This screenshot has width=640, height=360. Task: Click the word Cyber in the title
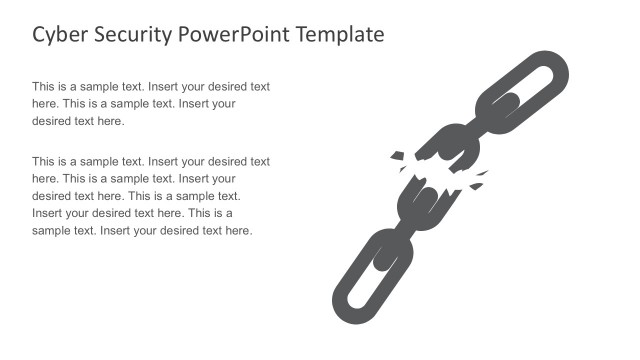(57, 35)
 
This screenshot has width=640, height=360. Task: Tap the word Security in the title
(129, 35)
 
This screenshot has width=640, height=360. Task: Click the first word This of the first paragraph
(44, 87)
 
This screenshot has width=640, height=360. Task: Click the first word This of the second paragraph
(44, 161)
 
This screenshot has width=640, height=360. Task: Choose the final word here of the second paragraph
(238, 231)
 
